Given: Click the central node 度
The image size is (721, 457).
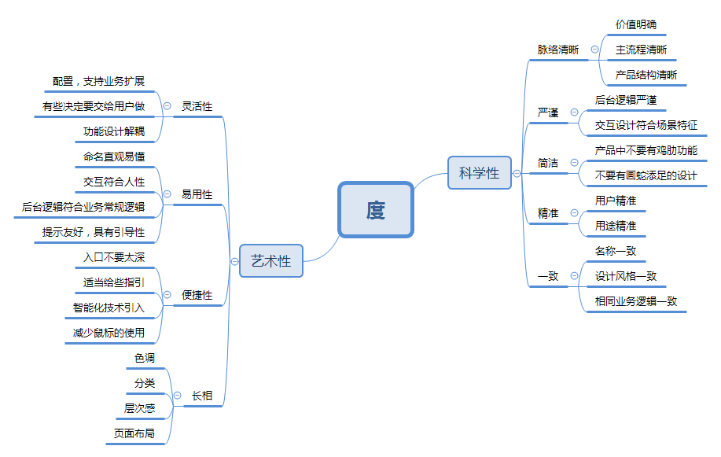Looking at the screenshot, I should pyautogui.click(x=376, y=210).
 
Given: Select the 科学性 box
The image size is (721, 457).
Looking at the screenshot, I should pyautogui.click(x=479, y=173).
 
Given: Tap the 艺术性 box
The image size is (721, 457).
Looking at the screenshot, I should pyautogui.click(x=271, y=261).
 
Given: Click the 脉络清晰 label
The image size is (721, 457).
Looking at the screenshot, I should pyautogui.click(x=558, y=50).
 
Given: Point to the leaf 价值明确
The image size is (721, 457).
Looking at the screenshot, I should pyautogui.click(x=635, y=24).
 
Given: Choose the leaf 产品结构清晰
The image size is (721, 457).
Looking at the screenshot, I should pyautogui.click(x=646, y=75).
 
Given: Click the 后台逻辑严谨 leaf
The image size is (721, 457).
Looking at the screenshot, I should pyautogui.click(x=626, y=100).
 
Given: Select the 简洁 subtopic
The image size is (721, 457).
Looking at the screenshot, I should pyautogui.click(x=548, y=163).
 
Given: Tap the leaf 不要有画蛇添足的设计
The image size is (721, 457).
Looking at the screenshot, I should pyautogui.click(x=646, y=175).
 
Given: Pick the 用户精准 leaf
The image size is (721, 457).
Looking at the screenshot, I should pyautogui.click(x=616, y=201).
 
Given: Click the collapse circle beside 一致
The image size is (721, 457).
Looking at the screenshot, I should pyautogui.click(x=574, y=276).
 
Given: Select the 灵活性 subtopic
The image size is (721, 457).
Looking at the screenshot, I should pyautogui.click(x=197, y=106).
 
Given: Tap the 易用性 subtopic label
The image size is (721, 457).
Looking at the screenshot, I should pyautogui.click(x=197, y=194).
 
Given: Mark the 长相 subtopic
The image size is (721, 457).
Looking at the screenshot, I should pyautogui.click(x=202, y=396).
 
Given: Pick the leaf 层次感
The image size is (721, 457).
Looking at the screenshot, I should pyautogui.click(x=140, y=408).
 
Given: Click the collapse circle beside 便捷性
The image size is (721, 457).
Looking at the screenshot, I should pyautogui.click(x=167, y=295).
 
